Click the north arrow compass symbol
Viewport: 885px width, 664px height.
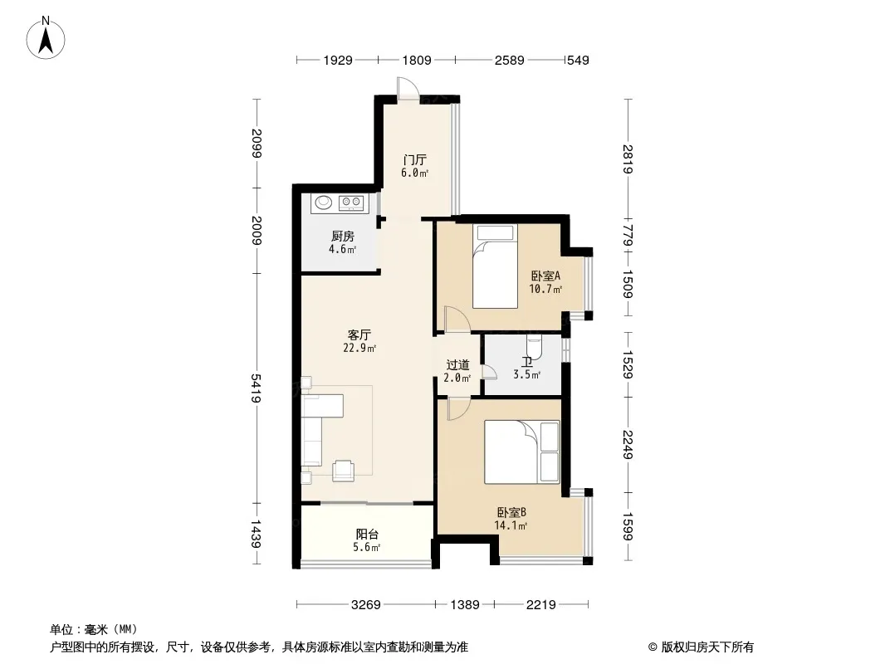[x=46, y=38]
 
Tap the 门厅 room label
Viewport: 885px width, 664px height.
[x=415, y=159]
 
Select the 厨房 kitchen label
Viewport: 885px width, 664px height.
[x=343, y=236]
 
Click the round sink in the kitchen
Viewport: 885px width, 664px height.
[x=324, y=202]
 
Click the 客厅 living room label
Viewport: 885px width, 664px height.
[x=359, y=335]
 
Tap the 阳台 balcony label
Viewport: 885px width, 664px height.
[x=367, y=534]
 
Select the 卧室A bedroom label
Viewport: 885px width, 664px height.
[x=545, y=276]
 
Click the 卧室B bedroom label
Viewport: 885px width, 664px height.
[x=511, y=512]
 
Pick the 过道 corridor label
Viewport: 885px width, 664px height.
[x=457, y=365]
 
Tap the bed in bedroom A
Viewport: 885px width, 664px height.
[x=495, y=266]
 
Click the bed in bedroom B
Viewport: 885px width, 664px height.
[x=522, y=452]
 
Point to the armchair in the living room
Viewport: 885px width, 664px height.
[x=343, y=471]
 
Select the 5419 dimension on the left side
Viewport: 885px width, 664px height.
[x=257, y=388]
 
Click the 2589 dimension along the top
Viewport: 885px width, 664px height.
[x=510, y=60]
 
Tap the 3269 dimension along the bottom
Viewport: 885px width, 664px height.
[x=366, y=605]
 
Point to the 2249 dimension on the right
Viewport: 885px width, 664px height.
[x=628, y=445]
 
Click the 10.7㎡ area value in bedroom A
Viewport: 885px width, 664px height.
[x=545, y=290]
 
